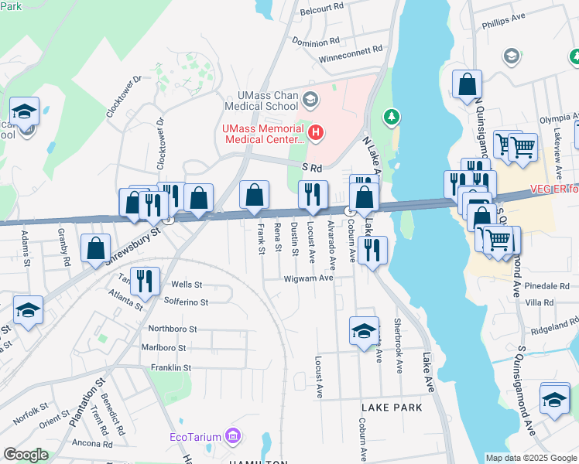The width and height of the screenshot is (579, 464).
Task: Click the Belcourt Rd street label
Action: pyautogui.click(x=323, y=7)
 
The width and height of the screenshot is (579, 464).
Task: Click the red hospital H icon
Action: pyautogui.click(x=315, y=133)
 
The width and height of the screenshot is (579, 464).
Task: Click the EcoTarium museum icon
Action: pyautogui.click(x=231, y=438)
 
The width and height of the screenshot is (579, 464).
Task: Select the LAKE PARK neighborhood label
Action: pyautogui.click(x=392, y=407)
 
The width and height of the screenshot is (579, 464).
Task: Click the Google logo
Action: pyautogui.click(x=26, y=455)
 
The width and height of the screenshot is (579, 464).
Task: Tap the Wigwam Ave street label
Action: pyautogui.click(x=308, y=278)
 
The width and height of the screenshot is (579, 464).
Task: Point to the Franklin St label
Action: pyautogui.click(x=171, y=367)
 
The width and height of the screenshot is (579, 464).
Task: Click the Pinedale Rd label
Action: pyautogui.click(x=546, y=285)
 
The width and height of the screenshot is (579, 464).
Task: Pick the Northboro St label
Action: pyautogui.click(x=174, y=328)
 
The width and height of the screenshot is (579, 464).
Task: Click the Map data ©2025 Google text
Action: pyautogui.click(x=531, y=458)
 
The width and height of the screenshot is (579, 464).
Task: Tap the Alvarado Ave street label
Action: pyautogui.click(x=332, y=241)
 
